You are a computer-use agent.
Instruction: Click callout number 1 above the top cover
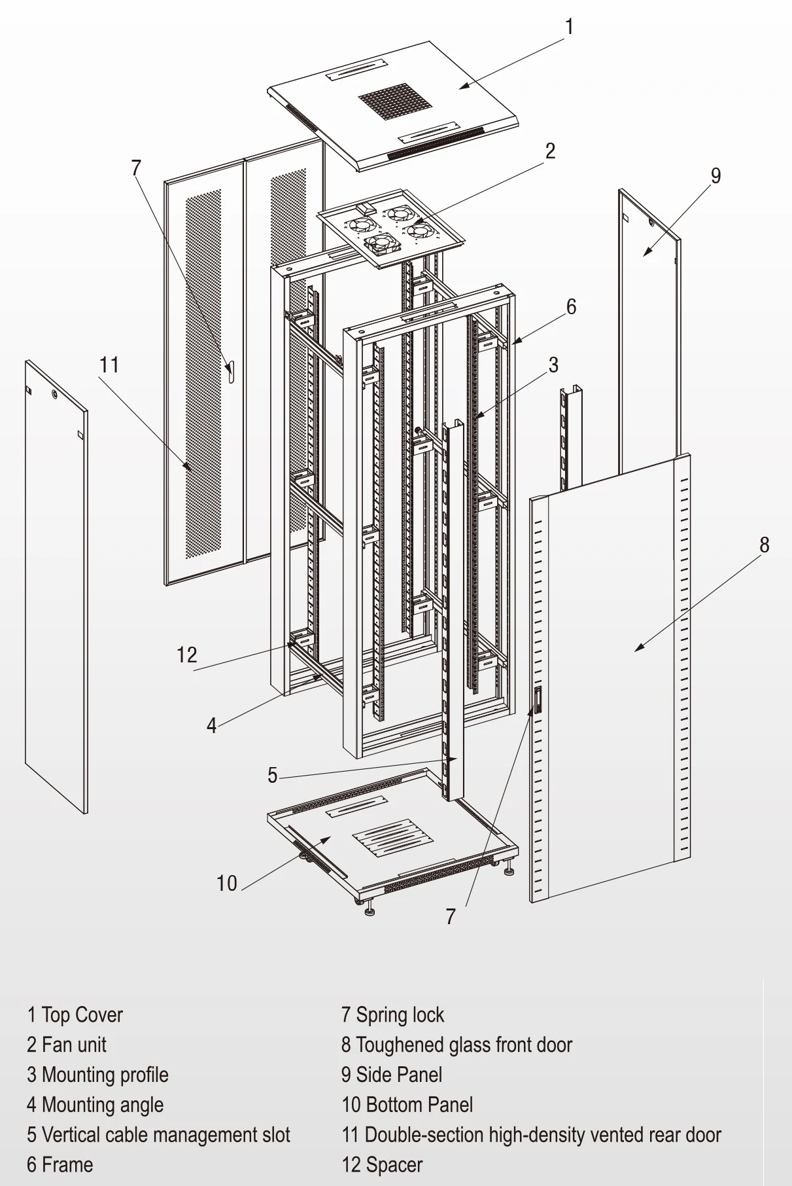pos(569,27)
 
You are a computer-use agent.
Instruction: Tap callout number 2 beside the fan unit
pos(551,151)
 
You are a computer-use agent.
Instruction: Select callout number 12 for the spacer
pos(186,655)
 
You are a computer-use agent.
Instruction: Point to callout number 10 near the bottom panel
pos(226,884)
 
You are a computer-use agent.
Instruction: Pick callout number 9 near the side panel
pos(715,175)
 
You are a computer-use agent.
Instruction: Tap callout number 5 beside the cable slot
pos(273,776)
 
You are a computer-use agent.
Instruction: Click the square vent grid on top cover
pos(390,101)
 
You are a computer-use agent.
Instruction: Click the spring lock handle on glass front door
pos(538,700)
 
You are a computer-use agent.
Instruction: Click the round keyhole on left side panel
pos(55,395)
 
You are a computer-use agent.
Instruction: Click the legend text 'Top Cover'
pos(82,1015)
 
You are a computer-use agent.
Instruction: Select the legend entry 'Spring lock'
pos(400,1015)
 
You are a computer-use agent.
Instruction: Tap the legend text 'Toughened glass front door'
pos(464,1045)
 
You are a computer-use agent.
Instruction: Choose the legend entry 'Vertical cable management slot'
pos(165,1135)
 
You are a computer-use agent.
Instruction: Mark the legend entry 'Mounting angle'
pos(102,1105)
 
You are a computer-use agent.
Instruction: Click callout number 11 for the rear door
pos(109,365)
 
